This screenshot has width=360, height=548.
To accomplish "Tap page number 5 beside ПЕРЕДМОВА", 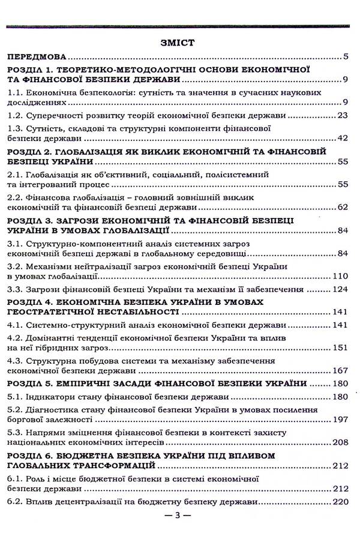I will (x=347, y=58).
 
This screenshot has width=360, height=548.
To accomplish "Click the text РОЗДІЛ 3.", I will (x=29, y=220).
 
